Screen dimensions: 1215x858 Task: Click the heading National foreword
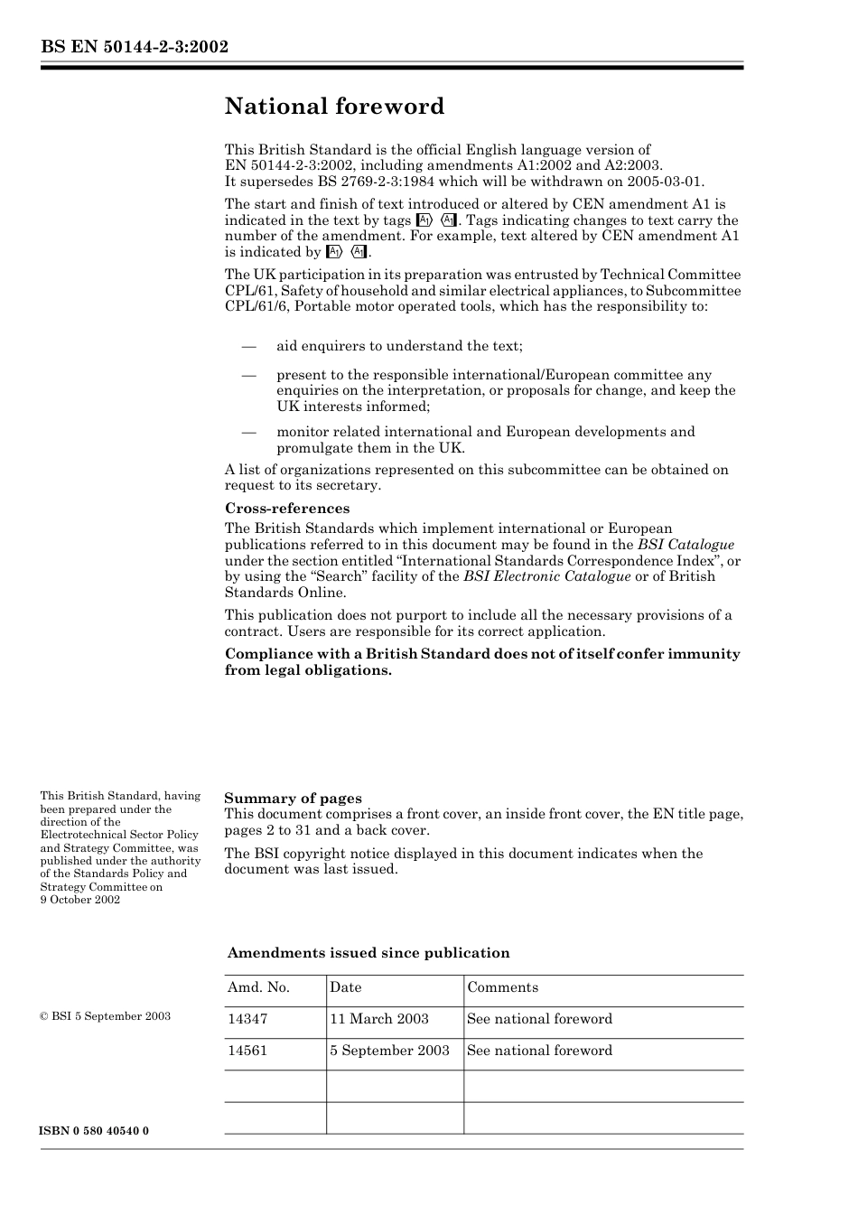pos(334,107)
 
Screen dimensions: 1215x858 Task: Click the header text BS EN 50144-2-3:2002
pos(134,46)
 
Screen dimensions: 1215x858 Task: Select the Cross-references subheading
pos(286,508)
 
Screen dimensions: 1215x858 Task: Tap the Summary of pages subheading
pos(293,798)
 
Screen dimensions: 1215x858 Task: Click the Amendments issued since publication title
pos(368,952)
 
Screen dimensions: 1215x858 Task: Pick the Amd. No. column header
pos(258,987)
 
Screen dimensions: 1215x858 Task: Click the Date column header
pos(345,987)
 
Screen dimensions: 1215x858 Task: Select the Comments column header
pos(502,987)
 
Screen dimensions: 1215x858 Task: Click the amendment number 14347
pos(247,1019)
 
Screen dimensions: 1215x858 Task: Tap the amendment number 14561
pos(247,1051)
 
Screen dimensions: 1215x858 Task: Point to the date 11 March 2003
pos(378,1019)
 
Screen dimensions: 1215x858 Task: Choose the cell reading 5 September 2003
pos(389,1051)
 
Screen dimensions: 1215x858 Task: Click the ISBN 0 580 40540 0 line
pos(95,1131)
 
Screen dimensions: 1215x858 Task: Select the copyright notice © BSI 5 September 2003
pos(105,1016)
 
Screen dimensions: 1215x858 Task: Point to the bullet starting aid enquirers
pos(399,346)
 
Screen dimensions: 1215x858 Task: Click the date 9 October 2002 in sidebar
pos(79,900)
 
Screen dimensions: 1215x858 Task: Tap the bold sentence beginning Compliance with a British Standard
pos(481,661)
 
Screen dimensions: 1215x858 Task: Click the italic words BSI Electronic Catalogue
pos(546,576)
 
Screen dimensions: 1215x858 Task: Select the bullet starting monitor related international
pos(485,439)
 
